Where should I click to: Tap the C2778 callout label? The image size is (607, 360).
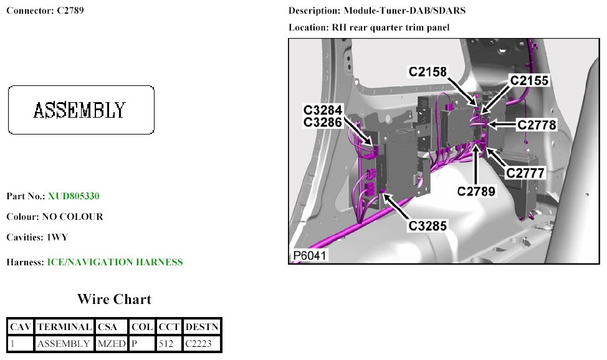pyautogui.click(x=537, y=125)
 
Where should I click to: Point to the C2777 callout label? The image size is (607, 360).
pyautogui.click(x=525, y=173)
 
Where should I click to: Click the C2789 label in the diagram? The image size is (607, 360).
pyautogui.click(x=476, y=191)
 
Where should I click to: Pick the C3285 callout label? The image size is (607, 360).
pyautogui.click(x=428, y=226)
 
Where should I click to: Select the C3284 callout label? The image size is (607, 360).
pyautogui.click(x=323, y=110)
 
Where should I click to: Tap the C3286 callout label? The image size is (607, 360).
pyautogui.click(x=323, y=123)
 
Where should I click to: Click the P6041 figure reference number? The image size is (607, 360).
pyautogui.click(x=310, y=256)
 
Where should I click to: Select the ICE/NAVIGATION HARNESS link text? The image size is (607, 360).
pyautogui.click(x=115, y=262)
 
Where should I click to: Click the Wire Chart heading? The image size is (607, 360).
pyautogui.click(x=114, y=300)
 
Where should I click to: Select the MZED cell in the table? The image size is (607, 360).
pyautogui.click(x=112, y=343)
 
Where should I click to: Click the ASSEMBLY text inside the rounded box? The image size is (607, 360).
pyautogui.click(x=79, y=111)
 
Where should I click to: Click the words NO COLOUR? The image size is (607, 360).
pyautogui.click(x=72, y=217)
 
